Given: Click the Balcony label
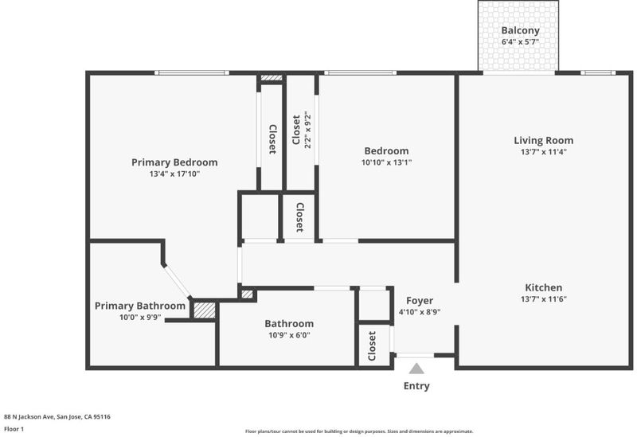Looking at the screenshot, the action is (520, 30).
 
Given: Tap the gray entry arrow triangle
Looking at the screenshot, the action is (416, 369).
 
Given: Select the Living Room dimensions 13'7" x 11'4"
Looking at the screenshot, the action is (544, 152).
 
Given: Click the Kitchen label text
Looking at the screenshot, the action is (544, 287).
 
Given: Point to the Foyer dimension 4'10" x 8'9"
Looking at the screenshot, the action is (420, 312).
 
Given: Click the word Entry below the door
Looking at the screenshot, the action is (416, 386).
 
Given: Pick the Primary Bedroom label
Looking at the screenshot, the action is (174, 162).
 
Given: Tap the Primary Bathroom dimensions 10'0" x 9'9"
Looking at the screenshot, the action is (140, 317).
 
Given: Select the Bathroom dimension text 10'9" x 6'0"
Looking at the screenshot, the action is (289, 335).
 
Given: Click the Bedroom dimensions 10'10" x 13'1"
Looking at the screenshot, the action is (387, 162).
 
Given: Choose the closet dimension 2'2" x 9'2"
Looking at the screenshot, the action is (307, 130).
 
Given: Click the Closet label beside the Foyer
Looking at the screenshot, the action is (372, 346).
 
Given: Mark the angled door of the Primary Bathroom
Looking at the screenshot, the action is (177, 281).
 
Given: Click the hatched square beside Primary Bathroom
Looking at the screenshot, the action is (205, 310).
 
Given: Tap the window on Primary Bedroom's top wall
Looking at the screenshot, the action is (192, 72).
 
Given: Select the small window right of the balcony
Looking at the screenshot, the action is (598, 72).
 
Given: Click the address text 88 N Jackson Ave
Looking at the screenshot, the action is (30, 416).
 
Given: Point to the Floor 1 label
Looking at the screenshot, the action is (14, 429).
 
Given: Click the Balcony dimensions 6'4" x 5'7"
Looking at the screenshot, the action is (520, 42).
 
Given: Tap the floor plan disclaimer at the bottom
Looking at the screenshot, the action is (359, 431).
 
